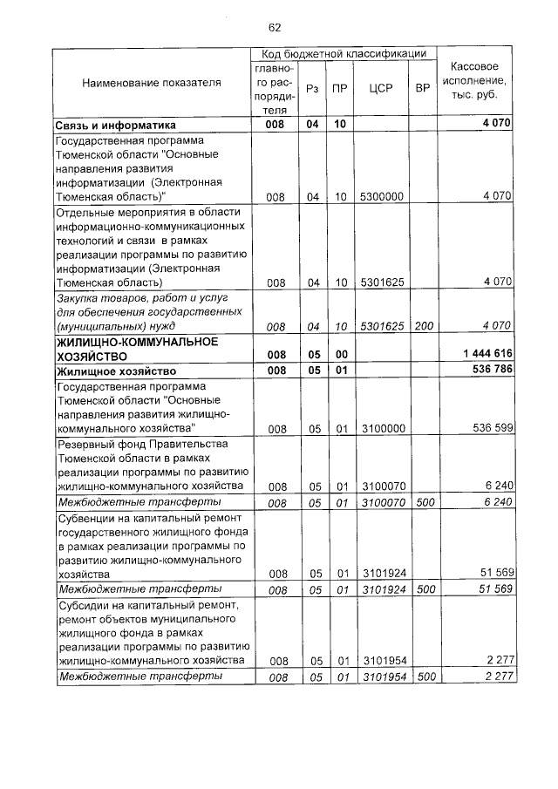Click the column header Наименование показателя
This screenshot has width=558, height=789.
click(x=152, y=82)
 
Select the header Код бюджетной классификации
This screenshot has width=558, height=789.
click(x=342, y=53)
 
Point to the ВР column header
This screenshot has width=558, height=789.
click(x=423, y=89)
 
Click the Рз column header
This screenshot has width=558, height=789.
click(x=313, y=89)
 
